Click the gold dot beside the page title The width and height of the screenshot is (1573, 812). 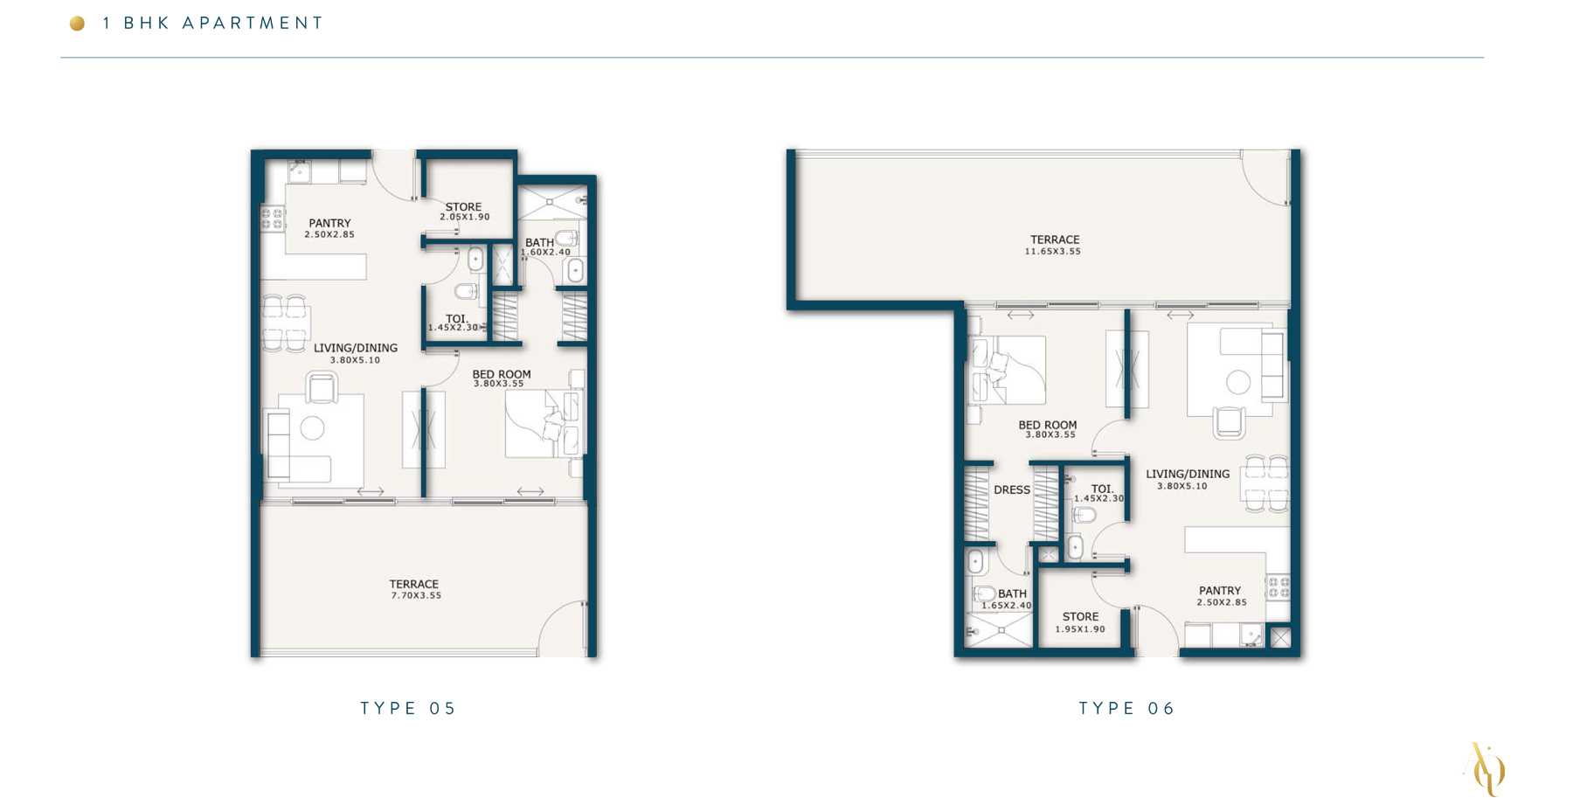(77, 24)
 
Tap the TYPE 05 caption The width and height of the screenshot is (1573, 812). (408, 708)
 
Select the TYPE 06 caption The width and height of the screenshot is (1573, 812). (1126, 708)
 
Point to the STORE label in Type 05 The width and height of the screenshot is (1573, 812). (463, 207)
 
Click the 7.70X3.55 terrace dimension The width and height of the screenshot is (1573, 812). (416, 596)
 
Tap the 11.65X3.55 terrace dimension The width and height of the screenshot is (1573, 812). (1053, 252)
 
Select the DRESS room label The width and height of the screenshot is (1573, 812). (1012, 490)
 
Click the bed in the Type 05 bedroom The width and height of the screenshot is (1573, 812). (543, 424)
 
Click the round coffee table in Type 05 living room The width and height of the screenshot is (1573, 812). (312, 428)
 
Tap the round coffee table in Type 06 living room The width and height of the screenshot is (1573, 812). (1238, 382)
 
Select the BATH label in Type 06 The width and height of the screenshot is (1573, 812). (1012, 593)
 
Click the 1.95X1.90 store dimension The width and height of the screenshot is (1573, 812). (1080, 629)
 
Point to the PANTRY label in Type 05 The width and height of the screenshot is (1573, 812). (329, 223)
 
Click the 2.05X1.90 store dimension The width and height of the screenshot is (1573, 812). (465, 217)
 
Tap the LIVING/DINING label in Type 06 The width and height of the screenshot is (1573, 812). (1188, 474)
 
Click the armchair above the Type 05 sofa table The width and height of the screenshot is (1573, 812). (322, 387)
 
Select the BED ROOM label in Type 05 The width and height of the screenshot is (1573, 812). (502, 374)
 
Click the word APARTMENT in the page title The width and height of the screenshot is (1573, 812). (253, 24)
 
